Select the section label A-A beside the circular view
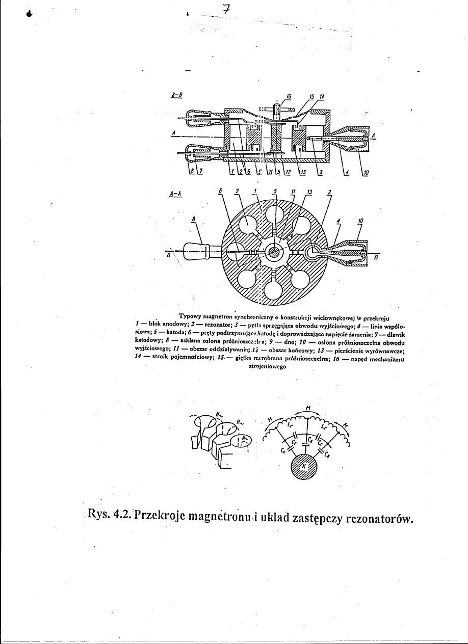(175, 194)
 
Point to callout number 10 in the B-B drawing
(368, 173)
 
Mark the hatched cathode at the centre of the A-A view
(274, 251)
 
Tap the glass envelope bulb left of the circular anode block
(196, 250)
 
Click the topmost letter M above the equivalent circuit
(308, 407)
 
